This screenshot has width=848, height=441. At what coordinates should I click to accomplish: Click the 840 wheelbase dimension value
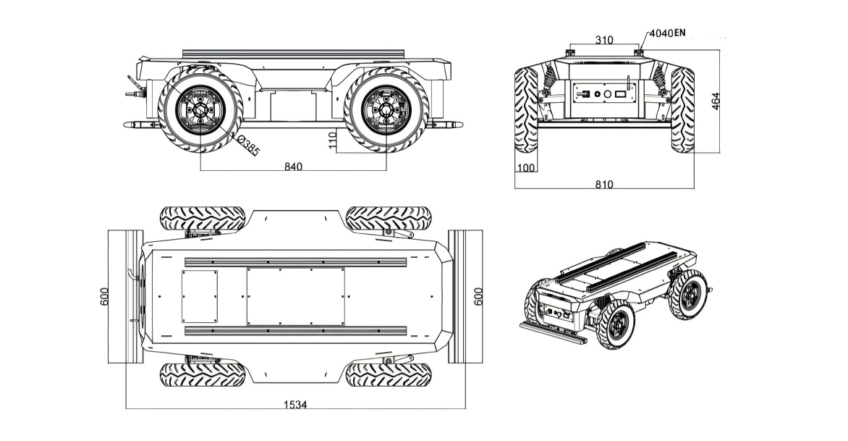292,167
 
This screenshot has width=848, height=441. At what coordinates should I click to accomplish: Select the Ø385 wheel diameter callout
247,146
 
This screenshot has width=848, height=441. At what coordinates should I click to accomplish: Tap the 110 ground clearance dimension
333,141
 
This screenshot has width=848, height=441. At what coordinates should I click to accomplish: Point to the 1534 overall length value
294,405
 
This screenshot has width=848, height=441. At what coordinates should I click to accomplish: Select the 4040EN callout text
667,33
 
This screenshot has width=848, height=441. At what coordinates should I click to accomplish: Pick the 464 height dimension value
716,101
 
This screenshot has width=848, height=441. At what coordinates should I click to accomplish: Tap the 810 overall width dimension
604,185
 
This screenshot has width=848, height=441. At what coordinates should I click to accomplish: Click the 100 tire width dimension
525,169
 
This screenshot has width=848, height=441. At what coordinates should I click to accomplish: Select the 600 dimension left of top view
104,297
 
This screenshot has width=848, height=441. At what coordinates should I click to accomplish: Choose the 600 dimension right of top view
478,297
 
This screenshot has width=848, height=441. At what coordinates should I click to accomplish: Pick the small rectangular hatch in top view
199,297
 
